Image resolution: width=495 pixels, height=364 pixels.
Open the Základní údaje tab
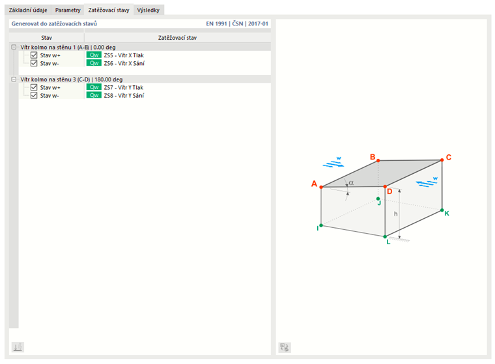click(28, 10)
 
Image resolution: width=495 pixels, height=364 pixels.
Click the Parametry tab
click(68, 10)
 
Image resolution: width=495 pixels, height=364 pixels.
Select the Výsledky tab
click(148, 10)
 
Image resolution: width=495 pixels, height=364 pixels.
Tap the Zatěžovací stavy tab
click(109, 10)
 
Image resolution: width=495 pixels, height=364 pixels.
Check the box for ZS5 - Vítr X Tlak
click(34, 55)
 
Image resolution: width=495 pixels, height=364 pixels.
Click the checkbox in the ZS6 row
click(34, 63)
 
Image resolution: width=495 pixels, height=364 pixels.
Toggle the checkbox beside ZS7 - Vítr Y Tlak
click(34, 87)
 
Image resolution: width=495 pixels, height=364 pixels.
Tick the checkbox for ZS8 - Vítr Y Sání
click(34, 95)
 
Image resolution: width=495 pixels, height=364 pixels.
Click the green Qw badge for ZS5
click(94, 55)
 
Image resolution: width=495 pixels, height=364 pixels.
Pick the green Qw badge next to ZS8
click(94, 95)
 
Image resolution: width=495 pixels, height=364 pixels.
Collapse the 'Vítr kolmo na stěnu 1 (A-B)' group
click(14, 47)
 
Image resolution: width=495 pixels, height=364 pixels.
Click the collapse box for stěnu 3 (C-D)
click(14, 79)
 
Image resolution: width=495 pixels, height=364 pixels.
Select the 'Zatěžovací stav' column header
click(177, 38)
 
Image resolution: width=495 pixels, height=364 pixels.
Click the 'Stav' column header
click(46, 38)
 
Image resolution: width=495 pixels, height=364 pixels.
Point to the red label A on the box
click(314, 184)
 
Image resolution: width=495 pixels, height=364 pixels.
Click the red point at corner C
click(442, 160)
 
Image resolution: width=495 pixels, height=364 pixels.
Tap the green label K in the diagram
click(447, 214)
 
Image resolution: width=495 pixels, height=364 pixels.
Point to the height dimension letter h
click(395, 214)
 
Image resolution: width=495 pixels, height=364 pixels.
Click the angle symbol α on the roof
click(351, 183)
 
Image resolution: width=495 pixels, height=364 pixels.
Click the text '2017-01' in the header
click(258, 23)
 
